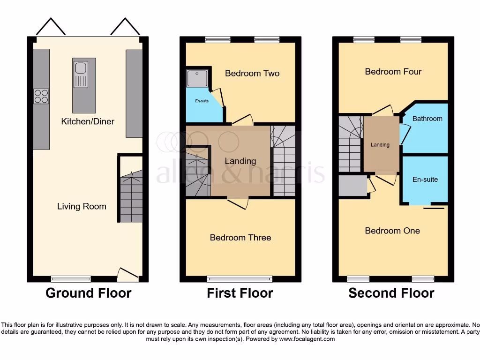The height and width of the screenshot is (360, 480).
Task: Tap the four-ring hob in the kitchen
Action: click(x=41, y=96)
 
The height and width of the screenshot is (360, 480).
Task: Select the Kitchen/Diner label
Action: click(x=88, y=121)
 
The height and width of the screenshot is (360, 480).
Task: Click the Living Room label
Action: click(x=82, y=206)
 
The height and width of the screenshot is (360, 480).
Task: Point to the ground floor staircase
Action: click(x=131, y=197)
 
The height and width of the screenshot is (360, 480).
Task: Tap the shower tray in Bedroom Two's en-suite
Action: click(x=197, y=78)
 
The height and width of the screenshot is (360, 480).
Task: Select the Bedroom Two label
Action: click(x=252, y=73)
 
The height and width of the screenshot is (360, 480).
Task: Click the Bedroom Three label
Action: click(x=240, y=238)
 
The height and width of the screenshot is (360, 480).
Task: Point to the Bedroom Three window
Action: click(x=240, y=279)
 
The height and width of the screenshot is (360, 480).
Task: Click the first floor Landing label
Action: click(x=240, y=161)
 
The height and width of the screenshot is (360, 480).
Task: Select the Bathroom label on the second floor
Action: click(x=427, y=119)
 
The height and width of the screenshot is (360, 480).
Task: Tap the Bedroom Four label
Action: click(x=393, y=72)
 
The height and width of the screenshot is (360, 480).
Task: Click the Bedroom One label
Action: click(x=392, y=231)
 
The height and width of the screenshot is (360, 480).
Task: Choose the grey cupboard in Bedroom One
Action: click(x=353, y=185)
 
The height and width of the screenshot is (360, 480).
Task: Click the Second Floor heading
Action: click(x=391, y=293)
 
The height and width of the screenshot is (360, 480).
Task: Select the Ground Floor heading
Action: click(x=88, y=293)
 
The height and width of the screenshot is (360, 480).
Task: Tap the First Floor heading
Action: click(x=240, y=293)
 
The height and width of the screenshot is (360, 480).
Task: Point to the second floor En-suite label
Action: click(x=425, y=180)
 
